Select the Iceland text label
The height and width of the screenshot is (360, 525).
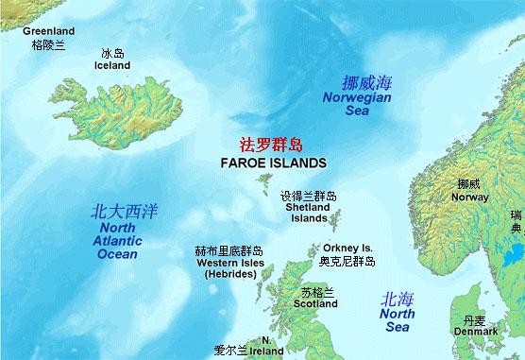(x=113, y=65)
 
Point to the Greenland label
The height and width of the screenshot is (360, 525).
(x=49, y=31)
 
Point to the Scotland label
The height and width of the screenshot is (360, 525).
(x=315, y=304)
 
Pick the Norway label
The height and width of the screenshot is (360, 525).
(x=470, y=197)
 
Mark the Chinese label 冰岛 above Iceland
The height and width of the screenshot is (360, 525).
(x=113, y=54)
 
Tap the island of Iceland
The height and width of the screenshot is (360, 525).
(x=119, y=114)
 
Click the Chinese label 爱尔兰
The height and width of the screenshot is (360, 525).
(x=230, y=350)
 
